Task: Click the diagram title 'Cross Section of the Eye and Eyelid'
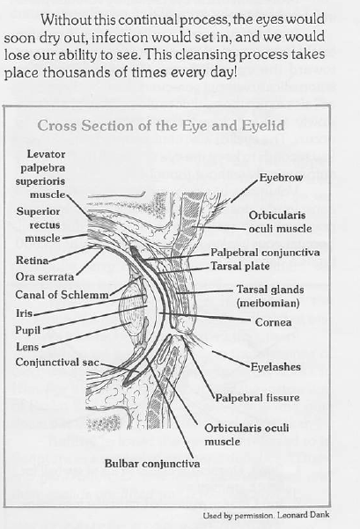coord(161,126)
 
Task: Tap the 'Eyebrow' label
coord(281,178)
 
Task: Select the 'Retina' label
coord(32,261)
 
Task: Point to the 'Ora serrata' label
coord(45,276)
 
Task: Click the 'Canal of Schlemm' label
coord(62,295)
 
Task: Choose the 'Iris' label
coord(25,313)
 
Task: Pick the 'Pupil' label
coord(27,330)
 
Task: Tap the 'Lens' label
coord(27,347)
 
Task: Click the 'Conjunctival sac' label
coord(57,362)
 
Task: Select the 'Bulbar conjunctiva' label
coord(152,463)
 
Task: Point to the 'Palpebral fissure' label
coord(257,398)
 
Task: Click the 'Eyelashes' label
coord(276,367)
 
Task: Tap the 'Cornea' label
coord(273,322)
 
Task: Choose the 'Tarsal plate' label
coord(240,266)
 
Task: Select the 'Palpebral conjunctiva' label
coord(265,253)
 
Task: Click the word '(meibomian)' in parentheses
coord(268,303)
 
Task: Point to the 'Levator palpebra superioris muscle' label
coord(40,174)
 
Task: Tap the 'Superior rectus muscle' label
coord(38,224)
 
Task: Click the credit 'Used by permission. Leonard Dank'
coord(266,515)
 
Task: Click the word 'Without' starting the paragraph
coord(66,19)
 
